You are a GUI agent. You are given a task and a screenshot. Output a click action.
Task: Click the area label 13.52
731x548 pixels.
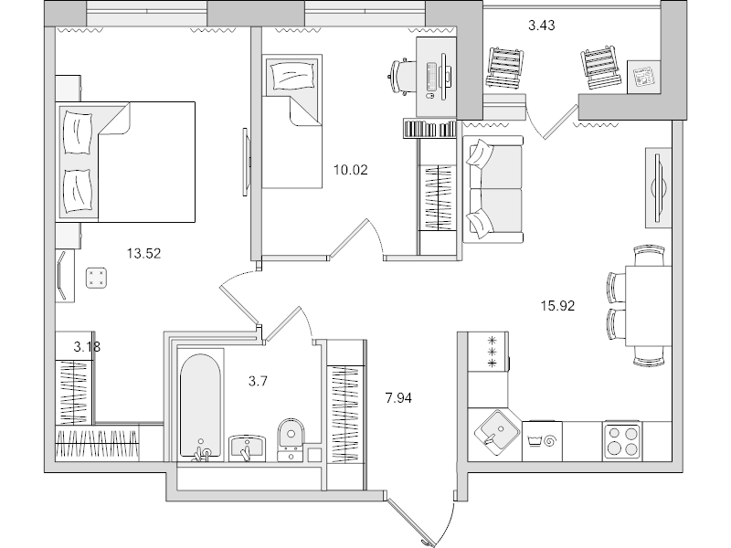pos(142,254)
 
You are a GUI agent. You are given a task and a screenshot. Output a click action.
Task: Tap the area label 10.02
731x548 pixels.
pos(352,169)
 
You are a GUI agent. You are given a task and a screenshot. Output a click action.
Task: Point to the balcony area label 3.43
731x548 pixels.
pos(543,26)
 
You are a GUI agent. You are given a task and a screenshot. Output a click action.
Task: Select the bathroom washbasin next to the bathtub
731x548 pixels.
pos(247,447)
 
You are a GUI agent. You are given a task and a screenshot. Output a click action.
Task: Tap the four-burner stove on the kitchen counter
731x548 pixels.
pos(623,443)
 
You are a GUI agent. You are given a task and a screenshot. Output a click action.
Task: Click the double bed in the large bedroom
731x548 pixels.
pos(128,161)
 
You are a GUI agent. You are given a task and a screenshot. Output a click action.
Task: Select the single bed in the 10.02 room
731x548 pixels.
pos(292,119)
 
